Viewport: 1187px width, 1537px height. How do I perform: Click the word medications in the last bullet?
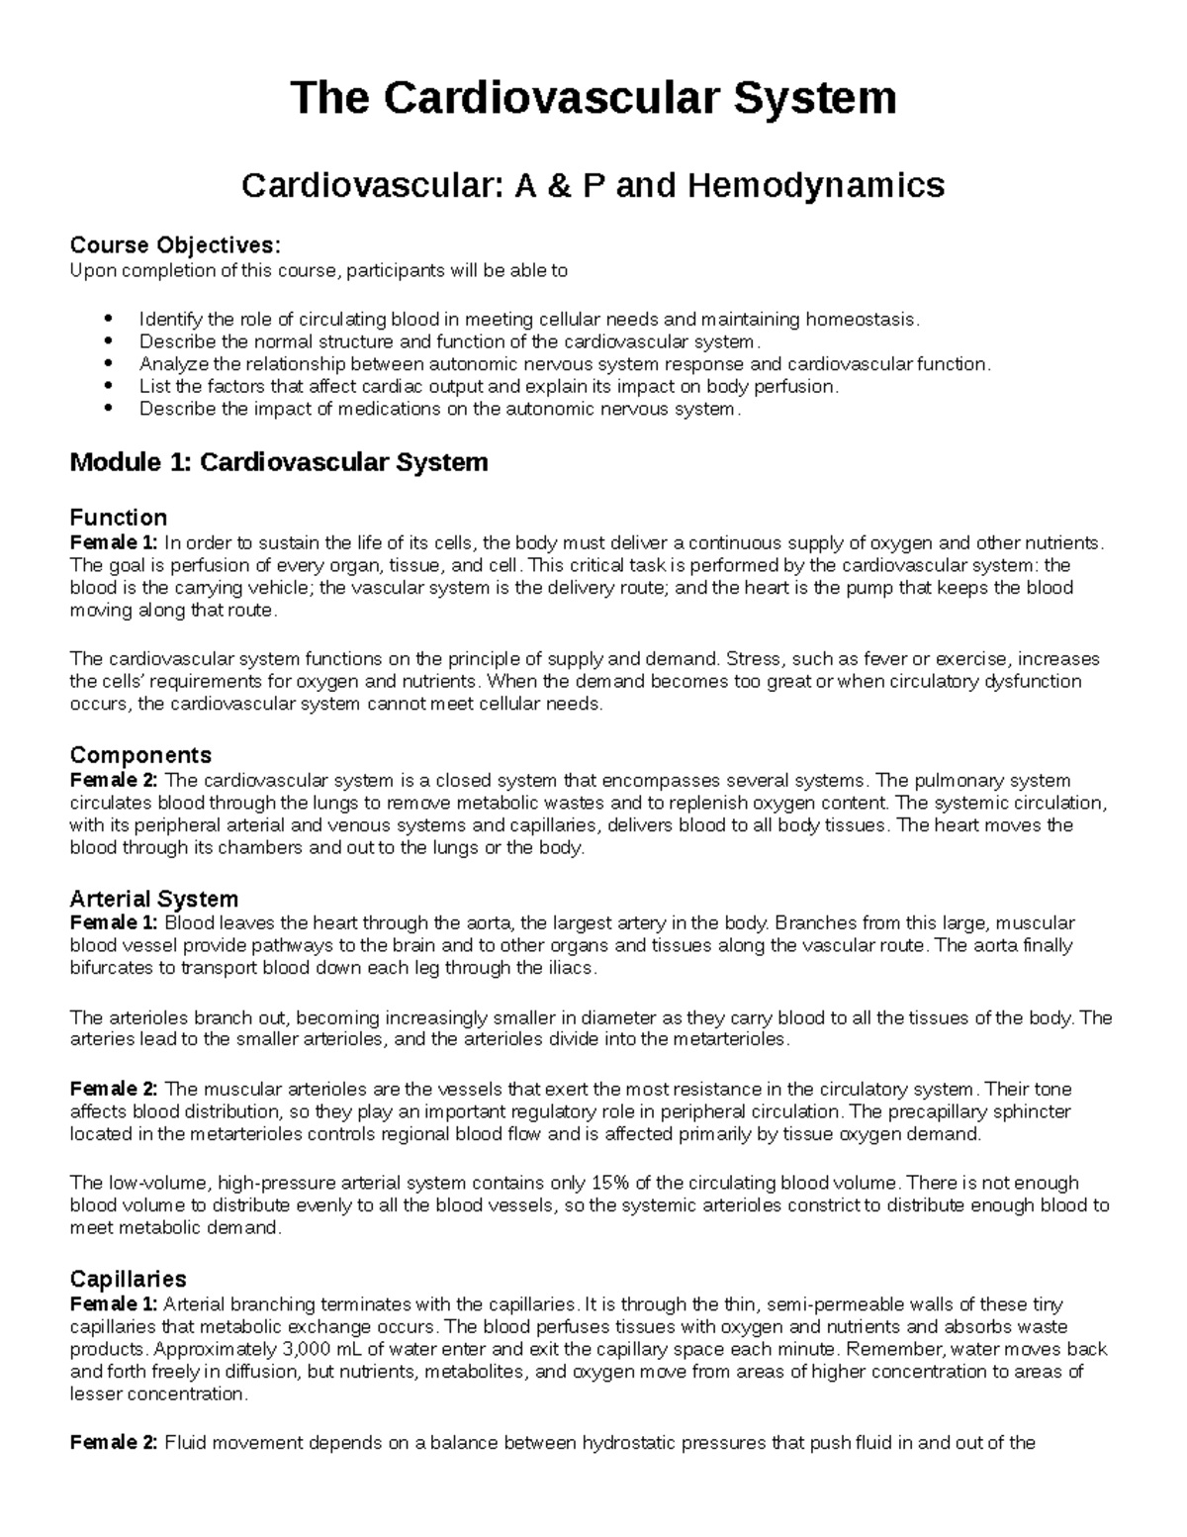(390, 409)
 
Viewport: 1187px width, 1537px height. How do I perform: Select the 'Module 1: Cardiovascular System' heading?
(278, 462)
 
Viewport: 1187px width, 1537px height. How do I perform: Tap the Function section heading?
(118, 518)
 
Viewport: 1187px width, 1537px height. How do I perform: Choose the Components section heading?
(140, 757)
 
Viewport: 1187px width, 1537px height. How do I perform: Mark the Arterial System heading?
(153, 899)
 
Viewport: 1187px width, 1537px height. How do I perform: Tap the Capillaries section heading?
(128, 1279)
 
